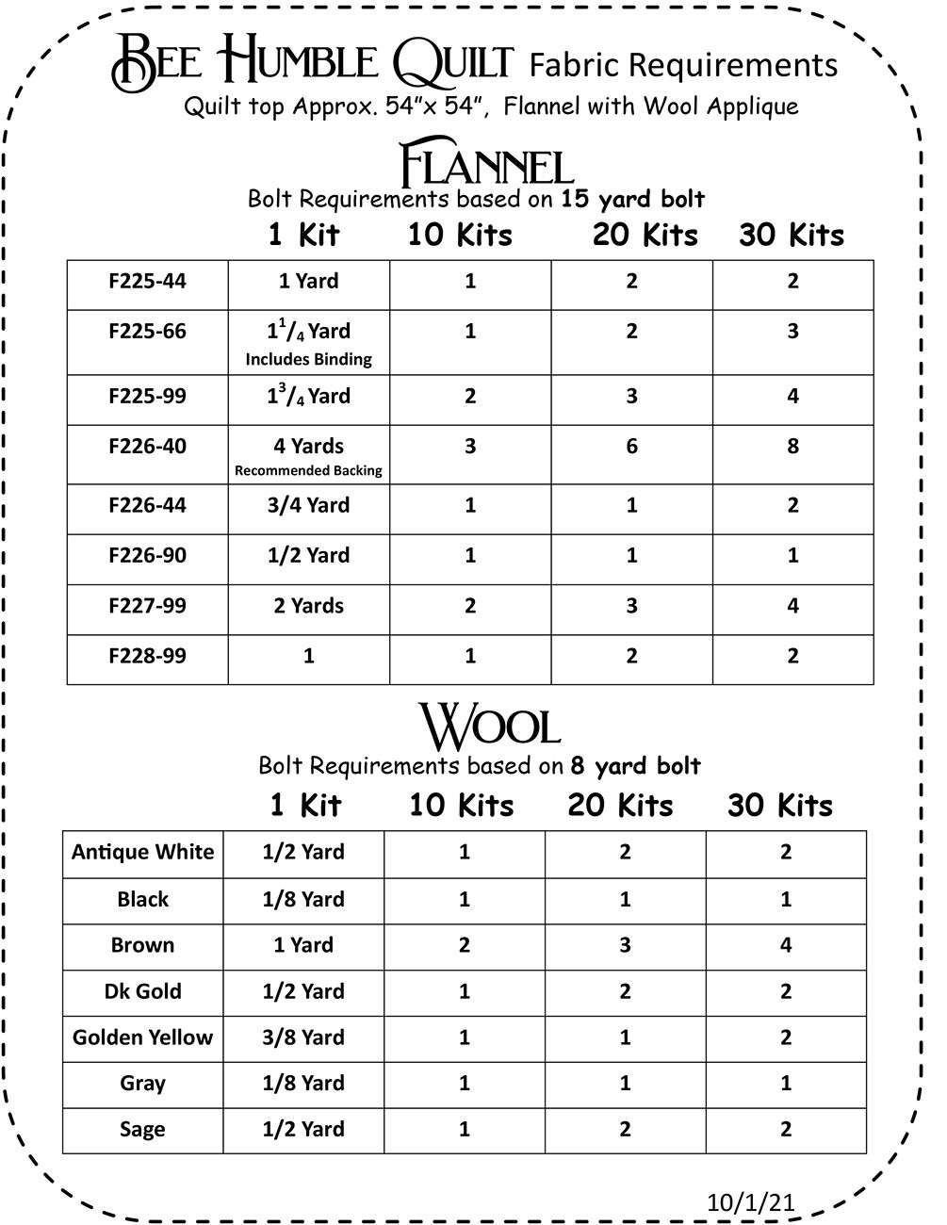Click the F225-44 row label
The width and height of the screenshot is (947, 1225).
(x=147, y=281)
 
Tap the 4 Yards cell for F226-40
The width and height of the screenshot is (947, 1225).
(x=308, y=446)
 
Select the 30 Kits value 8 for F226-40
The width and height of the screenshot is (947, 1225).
(x=792, y=446)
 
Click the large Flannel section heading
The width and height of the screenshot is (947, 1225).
(x=486, y=165)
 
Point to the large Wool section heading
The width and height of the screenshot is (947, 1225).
(x=489, y=727)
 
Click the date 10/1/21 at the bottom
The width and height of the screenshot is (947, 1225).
(x=750, y=1202)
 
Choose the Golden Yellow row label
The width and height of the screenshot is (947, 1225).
(x=143, y=1037)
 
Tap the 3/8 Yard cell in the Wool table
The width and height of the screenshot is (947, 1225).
(x=303, y=1037)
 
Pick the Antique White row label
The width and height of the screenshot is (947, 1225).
(x=143, y=852)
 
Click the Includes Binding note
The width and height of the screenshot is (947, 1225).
(x=308, y=359)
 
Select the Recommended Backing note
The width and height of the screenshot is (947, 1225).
(x=308, y=470)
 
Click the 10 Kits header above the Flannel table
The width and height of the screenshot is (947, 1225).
(x=460, y=235)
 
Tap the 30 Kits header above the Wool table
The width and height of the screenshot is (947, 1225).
(x=780, y=806)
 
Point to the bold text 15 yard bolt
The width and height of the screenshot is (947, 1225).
(x=632, y=199)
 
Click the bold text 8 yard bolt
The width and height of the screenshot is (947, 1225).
(x=636, y=765)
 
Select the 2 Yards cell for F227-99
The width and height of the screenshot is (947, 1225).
(x=308, y=606)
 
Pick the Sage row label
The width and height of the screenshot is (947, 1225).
(x=143, y=1129)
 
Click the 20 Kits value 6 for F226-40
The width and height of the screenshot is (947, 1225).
(x=631, y=446)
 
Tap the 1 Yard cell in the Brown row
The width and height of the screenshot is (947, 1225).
(x=303, y=945)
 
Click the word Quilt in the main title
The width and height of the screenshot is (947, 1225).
(x=452, y=62)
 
